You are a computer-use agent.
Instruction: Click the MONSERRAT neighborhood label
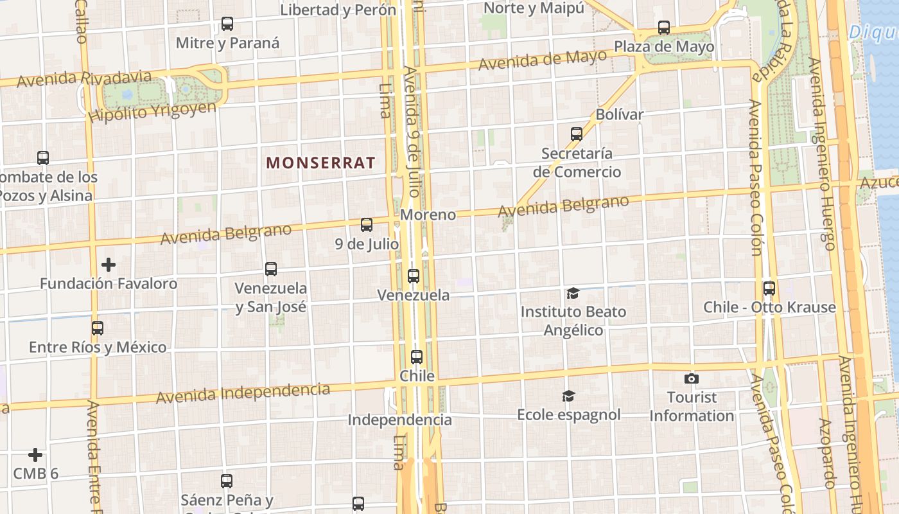click(x=320, y=163)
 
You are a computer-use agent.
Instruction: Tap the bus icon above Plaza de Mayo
click(x=664, y=28)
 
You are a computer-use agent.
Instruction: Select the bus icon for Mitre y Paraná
click(x=227, y=24)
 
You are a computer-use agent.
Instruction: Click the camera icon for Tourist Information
click(x=692, y=378)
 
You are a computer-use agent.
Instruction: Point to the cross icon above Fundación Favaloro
click(x=109, y=264)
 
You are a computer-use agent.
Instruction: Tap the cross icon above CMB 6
click(x=35, y=455)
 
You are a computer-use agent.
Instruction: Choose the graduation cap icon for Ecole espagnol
click(x=568, y=396)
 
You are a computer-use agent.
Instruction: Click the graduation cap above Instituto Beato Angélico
click(x=573, y=294)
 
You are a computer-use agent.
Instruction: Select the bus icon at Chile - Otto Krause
click(x=769, y=288)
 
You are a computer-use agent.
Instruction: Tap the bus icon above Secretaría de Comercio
click(x=577, y=134)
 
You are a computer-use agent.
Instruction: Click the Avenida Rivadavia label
click(x=84, y=79)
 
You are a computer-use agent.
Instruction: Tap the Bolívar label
click(x=620, y=114)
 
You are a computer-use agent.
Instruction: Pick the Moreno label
click(x=428, y=215)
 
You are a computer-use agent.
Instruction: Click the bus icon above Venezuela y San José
click(x=271, y=269)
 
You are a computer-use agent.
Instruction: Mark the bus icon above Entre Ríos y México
click(x=98, y=328)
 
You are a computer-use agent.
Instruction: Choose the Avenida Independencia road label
click(x=243, y=393)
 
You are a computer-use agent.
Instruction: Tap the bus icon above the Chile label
click(x=417, y=357)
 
